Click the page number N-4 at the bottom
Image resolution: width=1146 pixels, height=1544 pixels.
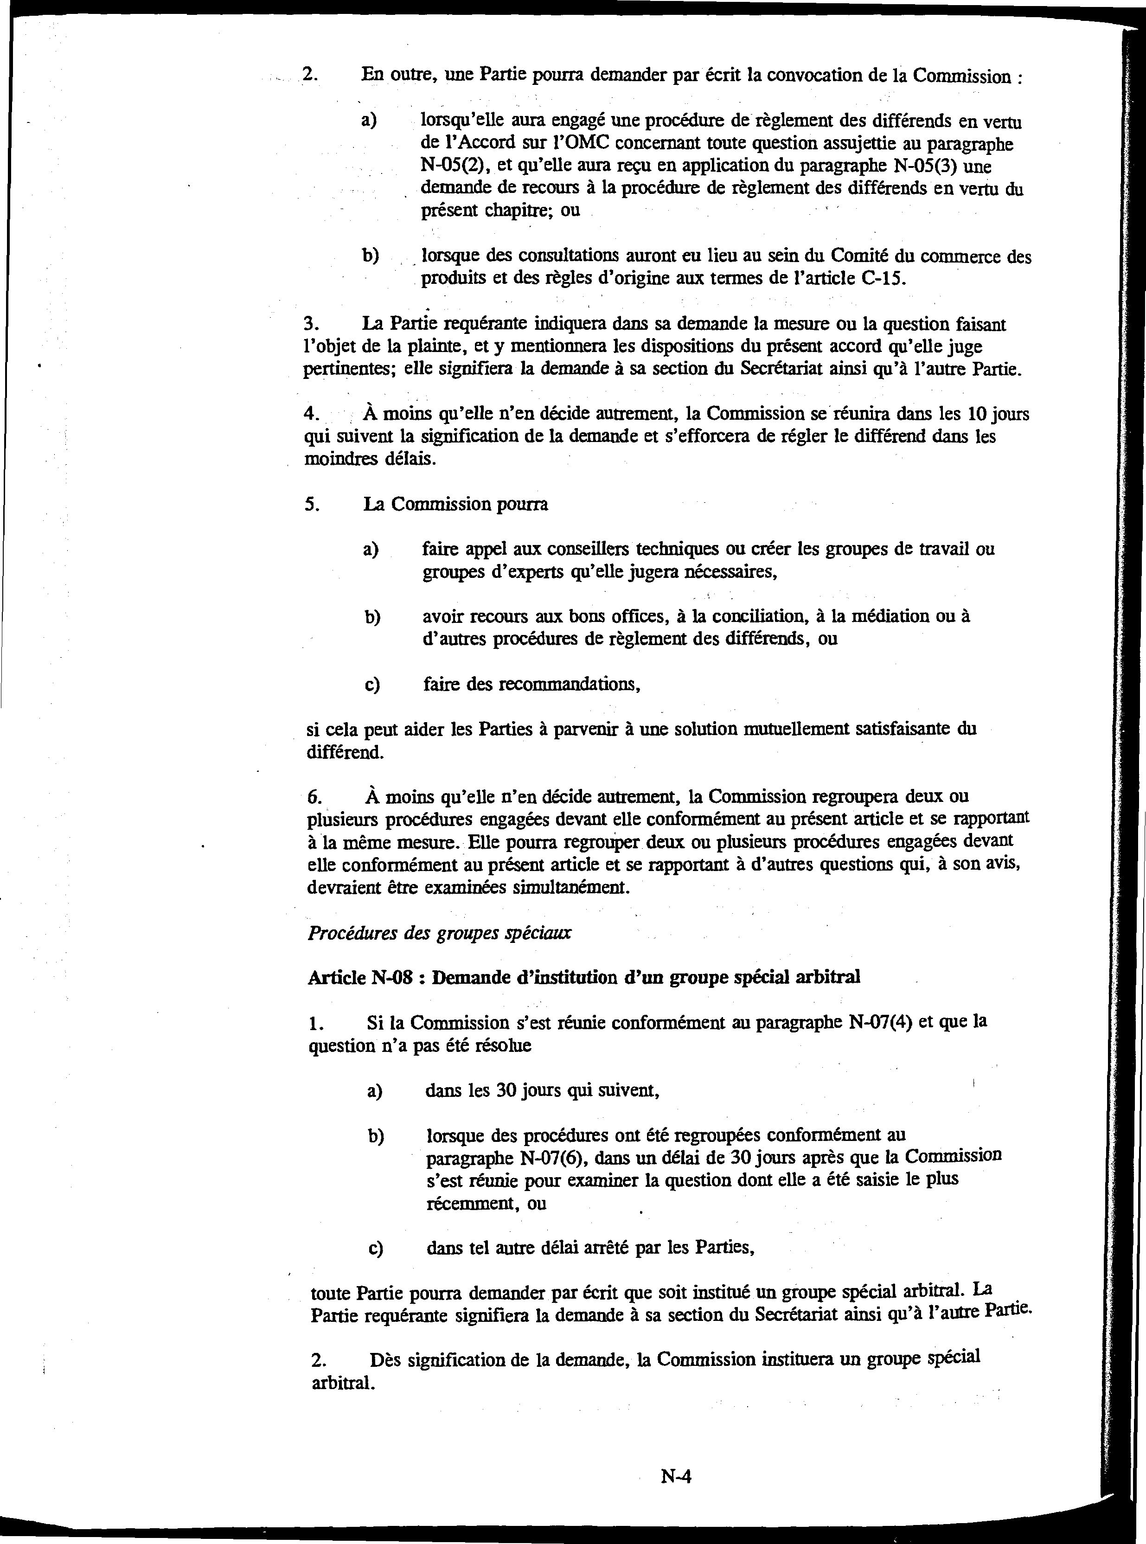tap(676, 1477)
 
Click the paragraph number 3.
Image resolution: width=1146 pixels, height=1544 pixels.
tap(310, 324)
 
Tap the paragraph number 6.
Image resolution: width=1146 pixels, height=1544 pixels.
tap(314, 797)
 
